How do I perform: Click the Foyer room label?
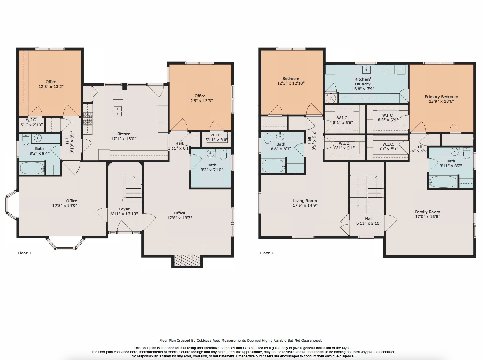(x=124, y=209)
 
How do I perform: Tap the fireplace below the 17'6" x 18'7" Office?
(x=187, y=259)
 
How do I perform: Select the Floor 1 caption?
(x=25, y=253)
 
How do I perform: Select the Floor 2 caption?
(x=267, y=253)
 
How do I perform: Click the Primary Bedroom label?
(x=441, y=97)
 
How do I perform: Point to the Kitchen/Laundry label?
(x=363, y=81)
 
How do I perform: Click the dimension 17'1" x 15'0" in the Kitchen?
(x=124, y=139)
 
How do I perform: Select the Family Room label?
(x=427, y=212)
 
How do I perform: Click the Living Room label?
(x=305, y=201)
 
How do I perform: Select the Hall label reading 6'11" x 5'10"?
(x=369, y=219)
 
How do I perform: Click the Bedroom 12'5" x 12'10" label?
(x=291, y=79)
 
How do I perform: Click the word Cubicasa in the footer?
(x=205, y=340)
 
